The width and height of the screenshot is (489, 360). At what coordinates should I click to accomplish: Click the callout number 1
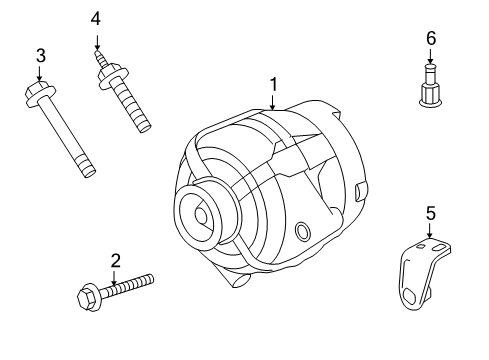(272, 85)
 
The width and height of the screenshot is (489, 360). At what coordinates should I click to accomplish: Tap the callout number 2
(115, 261)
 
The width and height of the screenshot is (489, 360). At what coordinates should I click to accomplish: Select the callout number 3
(40, 55)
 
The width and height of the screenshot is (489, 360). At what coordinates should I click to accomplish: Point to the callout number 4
(96, 18)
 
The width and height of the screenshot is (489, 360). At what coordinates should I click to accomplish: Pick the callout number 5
(430, 213)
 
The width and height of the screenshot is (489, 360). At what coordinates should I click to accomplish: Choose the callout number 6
(431, 37)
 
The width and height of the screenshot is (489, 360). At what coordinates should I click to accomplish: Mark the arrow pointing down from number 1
(272, 101)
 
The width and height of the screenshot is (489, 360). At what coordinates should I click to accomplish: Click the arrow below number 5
(430, 229)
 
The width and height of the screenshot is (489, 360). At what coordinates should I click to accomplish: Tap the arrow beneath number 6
(431, 56)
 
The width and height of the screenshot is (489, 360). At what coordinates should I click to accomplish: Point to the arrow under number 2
(115, 277)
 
